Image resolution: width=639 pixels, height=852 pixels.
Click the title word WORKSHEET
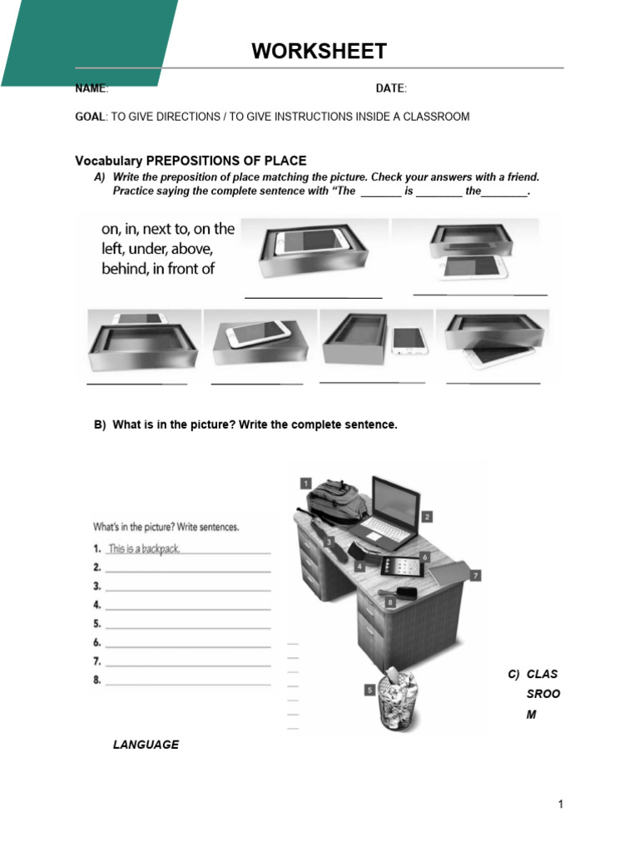click(x=319, y=52)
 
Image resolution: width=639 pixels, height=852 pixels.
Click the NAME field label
click(x=91, y=88)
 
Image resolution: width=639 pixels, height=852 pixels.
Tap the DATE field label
click(x=389, y=88)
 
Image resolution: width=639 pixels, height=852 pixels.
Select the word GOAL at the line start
click(x=90, y=116)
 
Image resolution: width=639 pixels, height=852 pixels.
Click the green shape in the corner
click(x=87, y=42)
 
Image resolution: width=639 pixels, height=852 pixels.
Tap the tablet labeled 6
click(x=402, y=567)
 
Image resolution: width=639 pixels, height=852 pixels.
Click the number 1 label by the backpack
click(x=305, y=483)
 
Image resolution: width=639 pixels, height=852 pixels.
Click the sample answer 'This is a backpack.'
click(x=143, y=548)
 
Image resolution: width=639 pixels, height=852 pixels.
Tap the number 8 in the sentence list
click(x=97, y=681)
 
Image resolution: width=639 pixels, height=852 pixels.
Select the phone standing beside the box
click(x=408, y=341)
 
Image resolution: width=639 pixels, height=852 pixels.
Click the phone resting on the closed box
click(x=260, y=334)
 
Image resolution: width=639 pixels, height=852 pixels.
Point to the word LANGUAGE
click(x=146, y=745)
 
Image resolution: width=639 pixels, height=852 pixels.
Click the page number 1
click(x=561, y=804)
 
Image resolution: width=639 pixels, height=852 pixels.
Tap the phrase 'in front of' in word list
click(x=182, y=268)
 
